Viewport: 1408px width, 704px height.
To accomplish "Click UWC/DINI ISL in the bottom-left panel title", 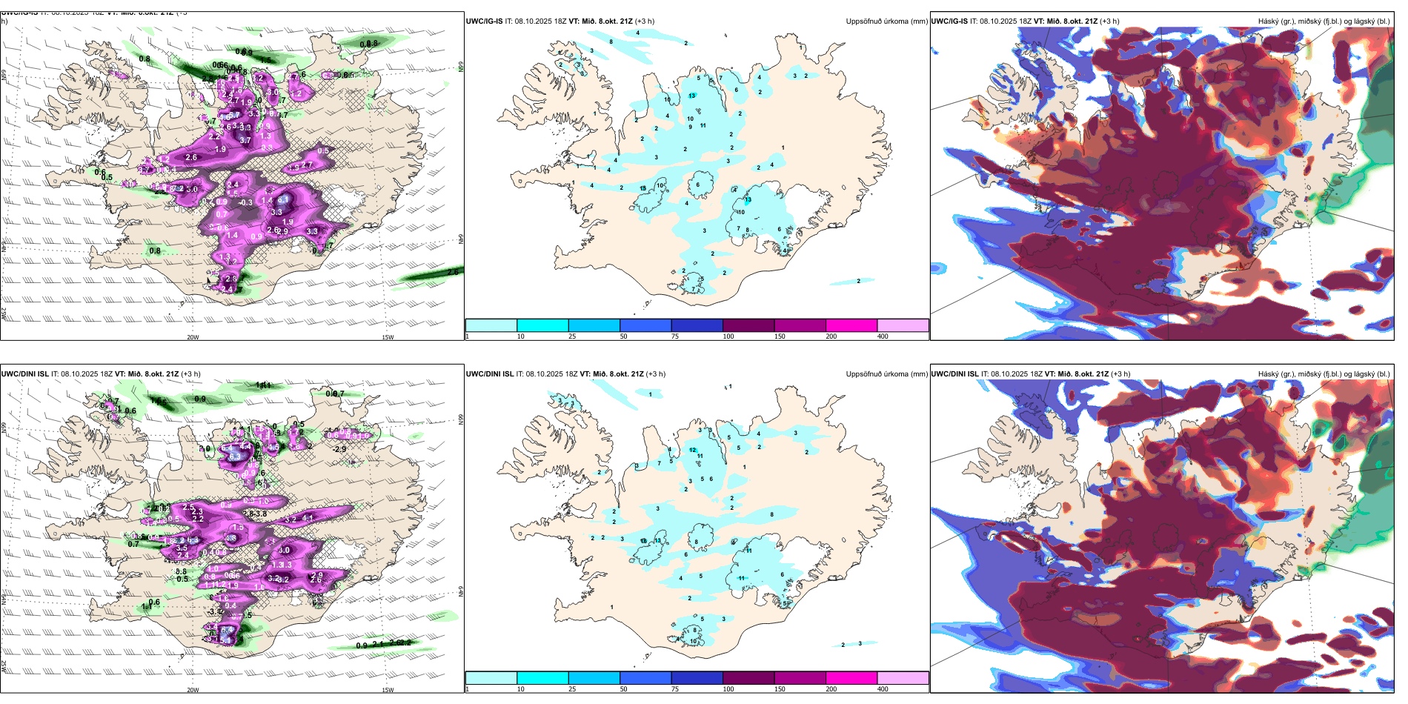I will [26, 373].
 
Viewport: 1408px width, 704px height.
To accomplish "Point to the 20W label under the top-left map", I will [193, 337].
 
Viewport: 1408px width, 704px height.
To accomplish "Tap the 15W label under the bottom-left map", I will [387, 690].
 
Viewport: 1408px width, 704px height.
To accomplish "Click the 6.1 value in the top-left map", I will [283, 200].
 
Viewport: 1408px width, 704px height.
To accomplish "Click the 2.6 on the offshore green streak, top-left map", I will [452, 272].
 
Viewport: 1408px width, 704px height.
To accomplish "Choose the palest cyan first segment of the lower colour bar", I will [491, 677].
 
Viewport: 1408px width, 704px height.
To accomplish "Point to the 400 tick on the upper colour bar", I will [883, 336].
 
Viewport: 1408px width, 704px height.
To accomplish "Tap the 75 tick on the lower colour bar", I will [676, 689].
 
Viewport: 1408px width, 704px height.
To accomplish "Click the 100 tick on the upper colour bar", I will [728, 336].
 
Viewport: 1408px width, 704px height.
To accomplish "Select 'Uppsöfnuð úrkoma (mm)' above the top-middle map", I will [886, 21].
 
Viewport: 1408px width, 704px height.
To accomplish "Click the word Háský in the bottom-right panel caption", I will [1268, 373].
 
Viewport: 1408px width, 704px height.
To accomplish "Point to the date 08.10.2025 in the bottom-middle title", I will [545, 373].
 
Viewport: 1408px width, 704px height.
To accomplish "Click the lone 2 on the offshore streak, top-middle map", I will [858, 281].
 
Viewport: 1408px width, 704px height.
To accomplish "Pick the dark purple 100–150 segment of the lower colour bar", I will [748, 677].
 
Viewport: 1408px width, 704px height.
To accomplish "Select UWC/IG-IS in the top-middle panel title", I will [484, 21].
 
